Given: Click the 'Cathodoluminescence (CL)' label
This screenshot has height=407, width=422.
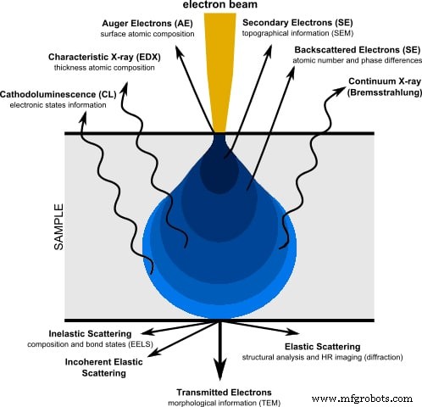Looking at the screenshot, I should (59, 95).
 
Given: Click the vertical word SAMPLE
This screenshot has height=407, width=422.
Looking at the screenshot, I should (36, 224).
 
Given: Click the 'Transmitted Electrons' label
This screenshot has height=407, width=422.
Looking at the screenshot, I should (225, 393).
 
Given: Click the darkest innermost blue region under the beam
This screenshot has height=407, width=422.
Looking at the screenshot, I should (218, 174).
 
